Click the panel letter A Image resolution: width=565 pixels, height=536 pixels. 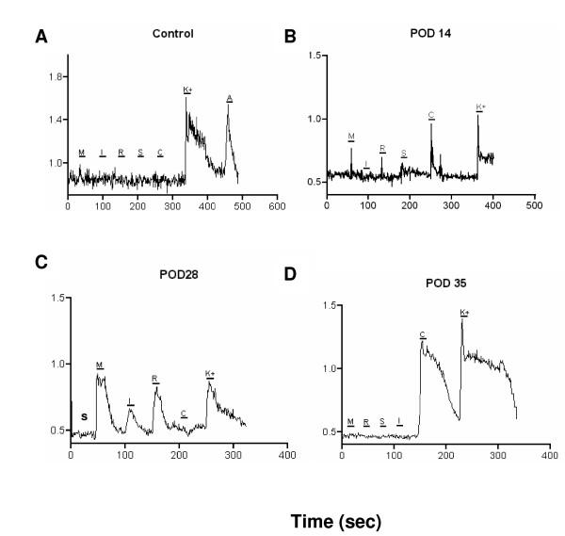(x=40, y=37)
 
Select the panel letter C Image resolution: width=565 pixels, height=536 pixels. (x=40, y=263)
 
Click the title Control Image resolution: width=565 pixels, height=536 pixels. (x=172, y=34)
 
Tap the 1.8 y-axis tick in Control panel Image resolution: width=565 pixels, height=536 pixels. (x=54, y=77)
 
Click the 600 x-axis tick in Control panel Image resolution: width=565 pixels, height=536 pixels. (x=276, y=206)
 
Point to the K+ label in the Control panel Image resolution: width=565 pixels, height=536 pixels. (x=187, y=89)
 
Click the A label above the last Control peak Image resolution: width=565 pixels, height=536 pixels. (x=229, y=96)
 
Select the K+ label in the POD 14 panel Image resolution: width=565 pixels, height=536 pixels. (x=480, y=107)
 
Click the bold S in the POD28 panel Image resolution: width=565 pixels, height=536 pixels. (x=84, y=415)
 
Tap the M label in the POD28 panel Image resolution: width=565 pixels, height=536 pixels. (x=100, y=364)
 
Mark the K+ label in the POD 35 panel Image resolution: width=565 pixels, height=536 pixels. (x=463, y=312)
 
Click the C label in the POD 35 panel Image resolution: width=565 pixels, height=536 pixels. (x=423, y=335)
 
